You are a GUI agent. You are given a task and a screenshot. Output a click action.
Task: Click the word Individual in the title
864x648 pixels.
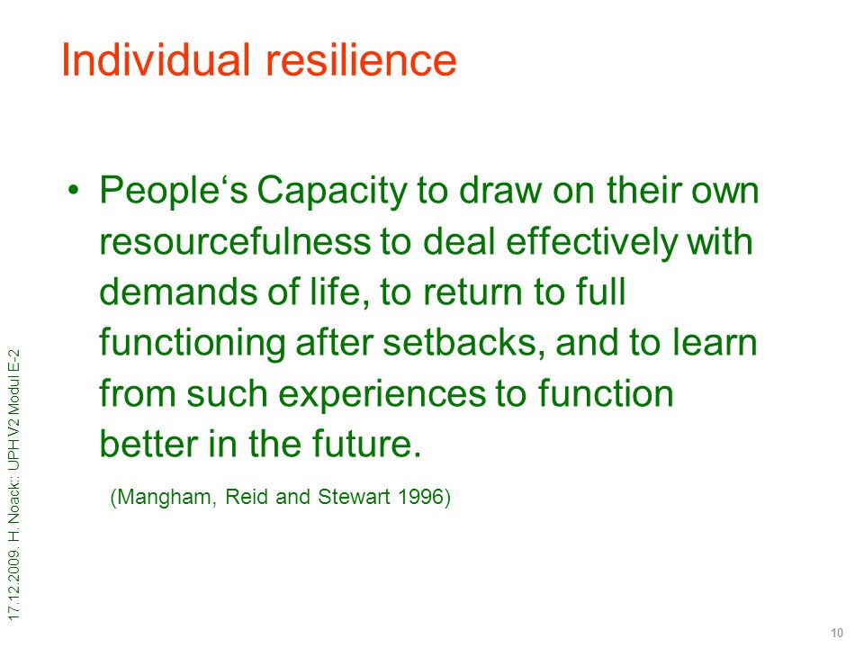156,59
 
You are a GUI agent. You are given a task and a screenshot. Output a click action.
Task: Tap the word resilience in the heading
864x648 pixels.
362,59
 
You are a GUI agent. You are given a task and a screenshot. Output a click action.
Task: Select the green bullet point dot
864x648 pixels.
73,190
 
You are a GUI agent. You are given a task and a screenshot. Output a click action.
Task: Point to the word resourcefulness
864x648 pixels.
235,241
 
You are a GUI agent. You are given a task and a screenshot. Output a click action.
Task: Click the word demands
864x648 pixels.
178,292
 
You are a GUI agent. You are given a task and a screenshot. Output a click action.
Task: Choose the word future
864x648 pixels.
367,444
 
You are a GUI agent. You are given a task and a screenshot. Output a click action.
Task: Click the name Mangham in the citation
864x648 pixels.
163,498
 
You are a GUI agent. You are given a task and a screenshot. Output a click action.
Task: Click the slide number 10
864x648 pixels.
836,633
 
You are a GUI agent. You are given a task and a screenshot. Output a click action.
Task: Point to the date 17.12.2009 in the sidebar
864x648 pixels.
14,585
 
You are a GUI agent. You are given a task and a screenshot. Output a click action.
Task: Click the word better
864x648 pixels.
148,444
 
